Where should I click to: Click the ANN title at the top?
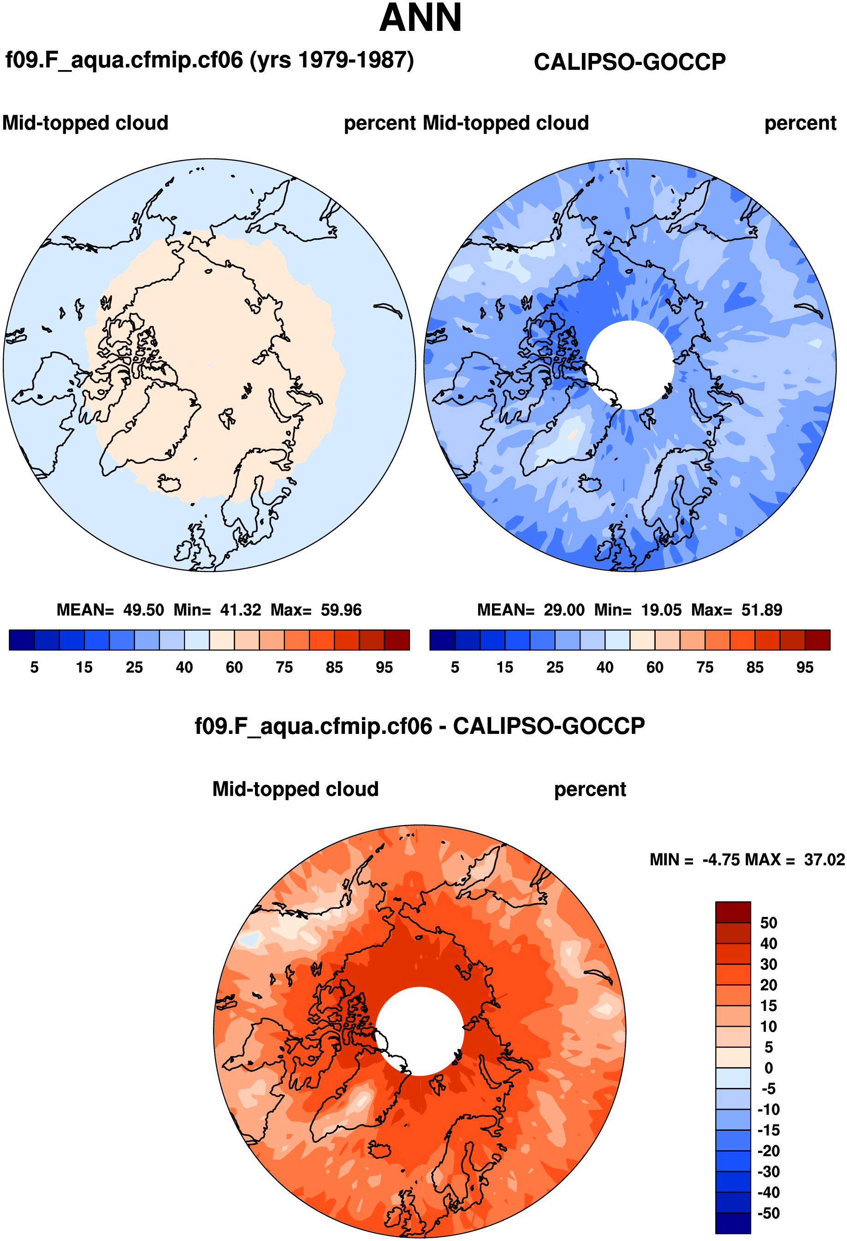421,19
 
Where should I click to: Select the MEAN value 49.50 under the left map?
143,610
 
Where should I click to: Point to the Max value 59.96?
341,610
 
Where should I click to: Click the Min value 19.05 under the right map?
661,610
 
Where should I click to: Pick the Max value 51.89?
762,610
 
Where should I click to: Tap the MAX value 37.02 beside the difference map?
824,860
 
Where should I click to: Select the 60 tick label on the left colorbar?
234,668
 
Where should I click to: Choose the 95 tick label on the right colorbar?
804,668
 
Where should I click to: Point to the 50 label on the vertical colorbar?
769,923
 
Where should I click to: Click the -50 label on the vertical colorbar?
769,1213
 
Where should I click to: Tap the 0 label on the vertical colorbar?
769,1068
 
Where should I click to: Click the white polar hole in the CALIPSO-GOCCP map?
630,365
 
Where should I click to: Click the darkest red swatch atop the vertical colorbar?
733,912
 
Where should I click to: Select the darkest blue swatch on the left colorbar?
22,640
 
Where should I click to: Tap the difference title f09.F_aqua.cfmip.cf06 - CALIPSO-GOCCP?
420,726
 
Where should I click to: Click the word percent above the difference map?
590,789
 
